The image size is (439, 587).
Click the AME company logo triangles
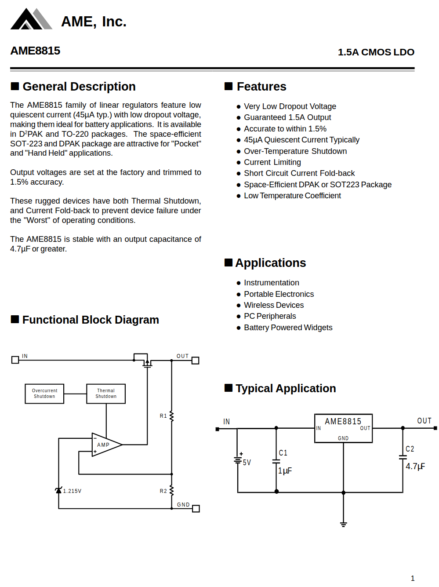click(31, 19)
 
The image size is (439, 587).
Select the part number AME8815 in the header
click(35, 51)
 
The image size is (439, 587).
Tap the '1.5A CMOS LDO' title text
click(376, 52)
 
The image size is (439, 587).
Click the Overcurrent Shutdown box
click(44, 394)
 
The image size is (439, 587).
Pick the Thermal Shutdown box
click(106, 394)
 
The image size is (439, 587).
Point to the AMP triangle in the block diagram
click(105, 445)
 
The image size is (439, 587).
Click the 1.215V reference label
click(72, 491)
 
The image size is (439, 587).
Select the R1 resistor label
click(163, 416)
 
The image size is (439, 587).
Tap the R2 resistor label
click(163, 491)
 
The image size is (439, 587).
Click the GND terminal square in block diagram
click(196, 509)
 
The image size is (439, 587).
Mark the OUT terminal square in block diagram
click(196, 361)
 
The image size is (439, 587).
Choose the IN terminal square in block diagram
click(15, 360)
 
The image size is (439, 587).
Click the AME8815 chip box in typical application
click(343, 428)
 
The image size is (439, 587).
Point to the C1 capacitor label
click(283, 453)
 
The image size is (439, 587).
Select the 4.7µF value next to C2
click(415, 467)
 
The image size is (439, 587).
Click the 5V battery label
click(247, 463)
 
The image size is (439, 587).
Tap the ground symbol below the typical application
click(343, 524)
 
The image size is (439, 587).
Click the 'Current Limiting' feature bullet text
click(272, 162)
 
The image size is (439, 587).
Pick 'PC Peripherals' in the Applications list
click(270, 316)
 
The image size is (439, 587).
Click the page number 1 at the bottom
click(412, 578)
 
